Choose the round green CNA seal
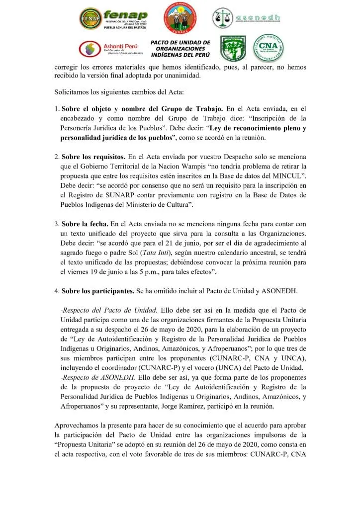click(269, 48)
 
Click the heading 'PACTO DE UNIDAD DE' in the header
click(180, 43)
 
